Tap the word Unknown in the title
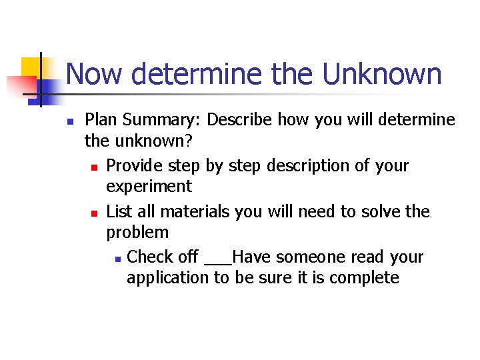(x=382, y=74)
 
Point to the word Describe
(x=239, y=120)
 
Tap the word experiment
(x=149, y=186)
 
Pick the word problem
(x=137, y=233)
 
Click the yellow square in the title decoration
(x=32, y=68)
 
